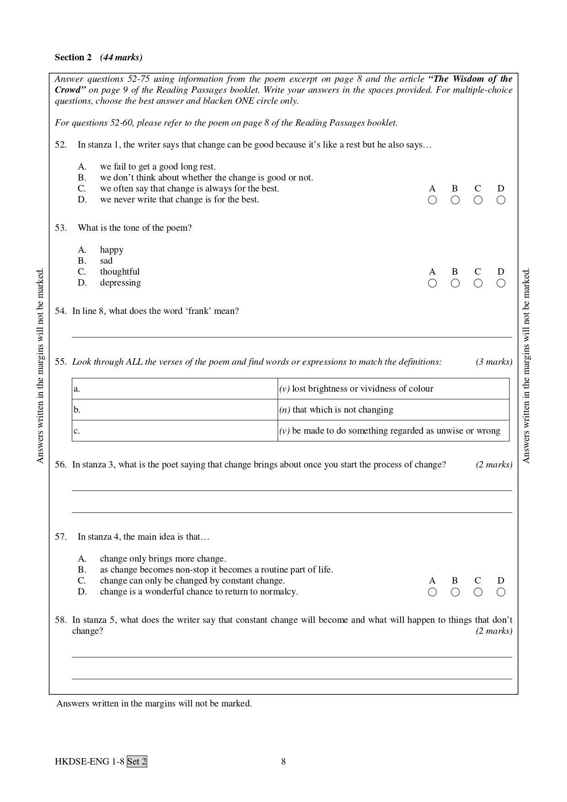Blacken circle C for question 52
coord(478,200)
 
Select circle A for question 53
coord(432,283)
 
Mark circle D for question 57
coord(501,592)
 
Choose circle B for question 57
coord(455,592)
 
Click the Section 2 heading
coord(73,57)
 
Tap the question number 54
coord(60,311)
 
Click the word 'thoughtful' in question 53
coord(120,272)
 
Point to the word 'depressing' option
coord(120,283)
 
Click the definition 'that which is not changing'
coord(342,410)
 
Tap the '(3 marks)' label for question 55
coord(494,362)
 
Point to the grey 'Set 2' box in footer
coord(137,761)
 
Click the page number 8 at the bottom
coord(283,761)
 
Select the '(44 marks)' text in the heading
coord(121,57)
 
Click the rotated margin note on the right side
coord(526,366)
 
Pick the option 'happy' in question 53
coord(112,250)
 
